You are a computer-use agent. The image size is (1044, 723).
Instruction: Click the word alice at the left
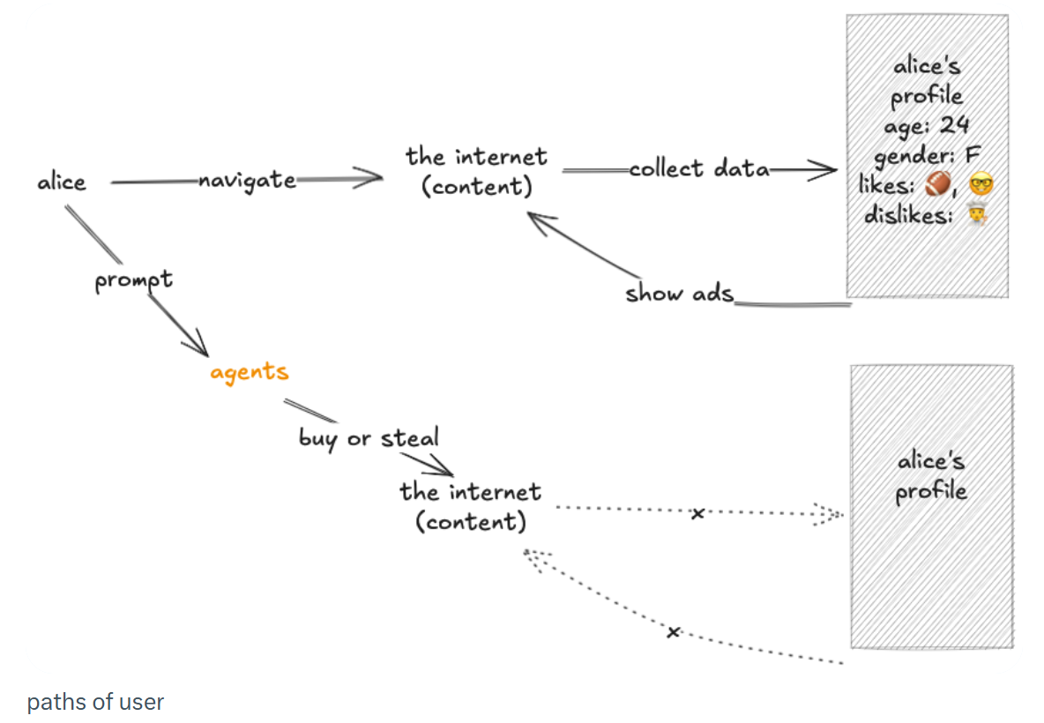[x=62, y=183]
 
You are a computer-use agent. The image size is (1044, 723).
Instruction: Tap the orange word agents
[x=249, y=371]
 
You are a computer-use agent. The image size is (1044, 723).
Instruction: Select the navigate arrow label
[x=247, y=180]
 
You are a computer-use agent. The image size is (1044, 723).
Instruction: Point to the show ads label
[x=679, y=293]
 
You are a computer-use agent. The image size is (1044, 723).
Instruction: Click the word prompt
[x=133, y=281]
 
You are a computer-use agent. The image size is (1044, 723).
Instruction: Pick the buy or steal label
[x=369, y=437]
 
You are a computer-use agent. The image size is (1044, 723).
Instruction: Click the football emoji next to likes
[x=940, y=186]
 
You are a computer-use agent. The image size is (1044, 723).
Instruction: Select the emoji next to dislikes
[x=974, y=215]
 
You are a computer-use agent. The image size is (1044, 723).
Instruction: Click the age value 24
[x=953, y=125]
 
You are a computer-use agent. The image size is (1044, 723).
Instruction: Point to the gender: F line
[x=927, y=156]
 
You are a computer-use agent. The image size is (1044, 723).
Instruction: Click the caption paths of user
[x=95, y=702]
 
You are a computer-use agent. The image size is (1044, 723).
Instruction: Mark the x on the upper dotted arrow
[x=697, y=512]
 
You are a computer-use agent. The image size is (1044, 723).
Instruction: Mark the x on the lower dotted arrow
[x=674, y=631]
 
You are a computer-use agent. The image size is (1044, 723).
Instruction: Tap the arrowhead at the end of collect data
[x=824, y=169]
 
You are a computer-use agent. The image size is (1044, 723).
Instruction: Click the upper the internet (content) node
[x=476, y=172]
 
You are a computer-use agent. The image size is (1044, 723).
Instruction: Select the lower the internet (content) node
[x=470, y=506]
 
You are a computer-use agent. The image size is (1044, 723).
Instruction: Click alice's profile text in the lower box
[x=931, y=476]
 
